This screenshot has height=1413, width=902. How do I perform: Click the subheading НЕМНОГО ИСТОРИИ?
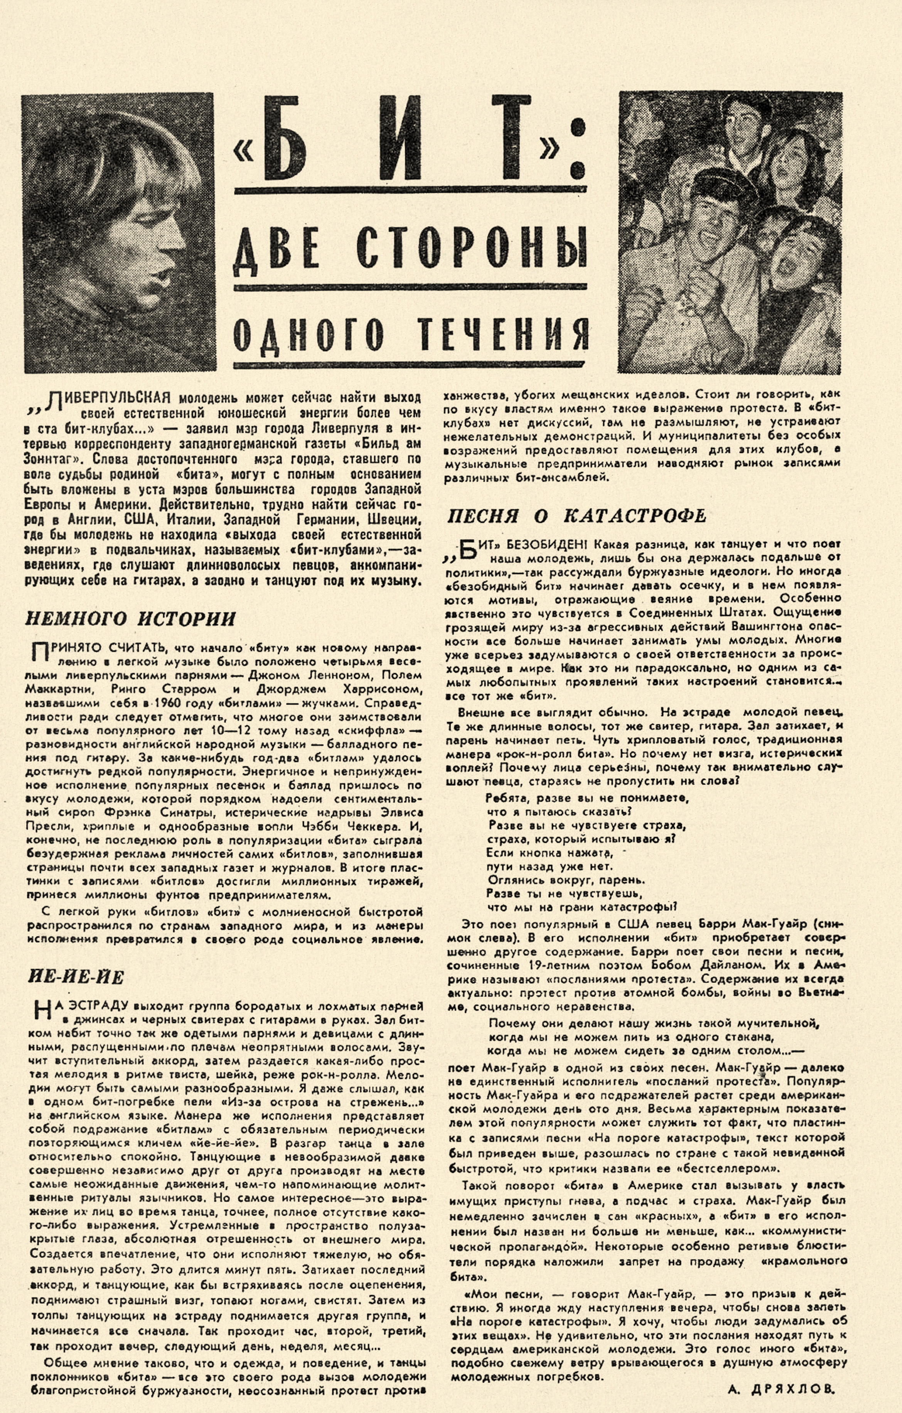click(130, 618)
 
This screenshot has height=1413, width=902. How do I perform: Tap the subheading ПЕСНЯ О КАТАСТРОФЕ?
click(577, 516)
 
